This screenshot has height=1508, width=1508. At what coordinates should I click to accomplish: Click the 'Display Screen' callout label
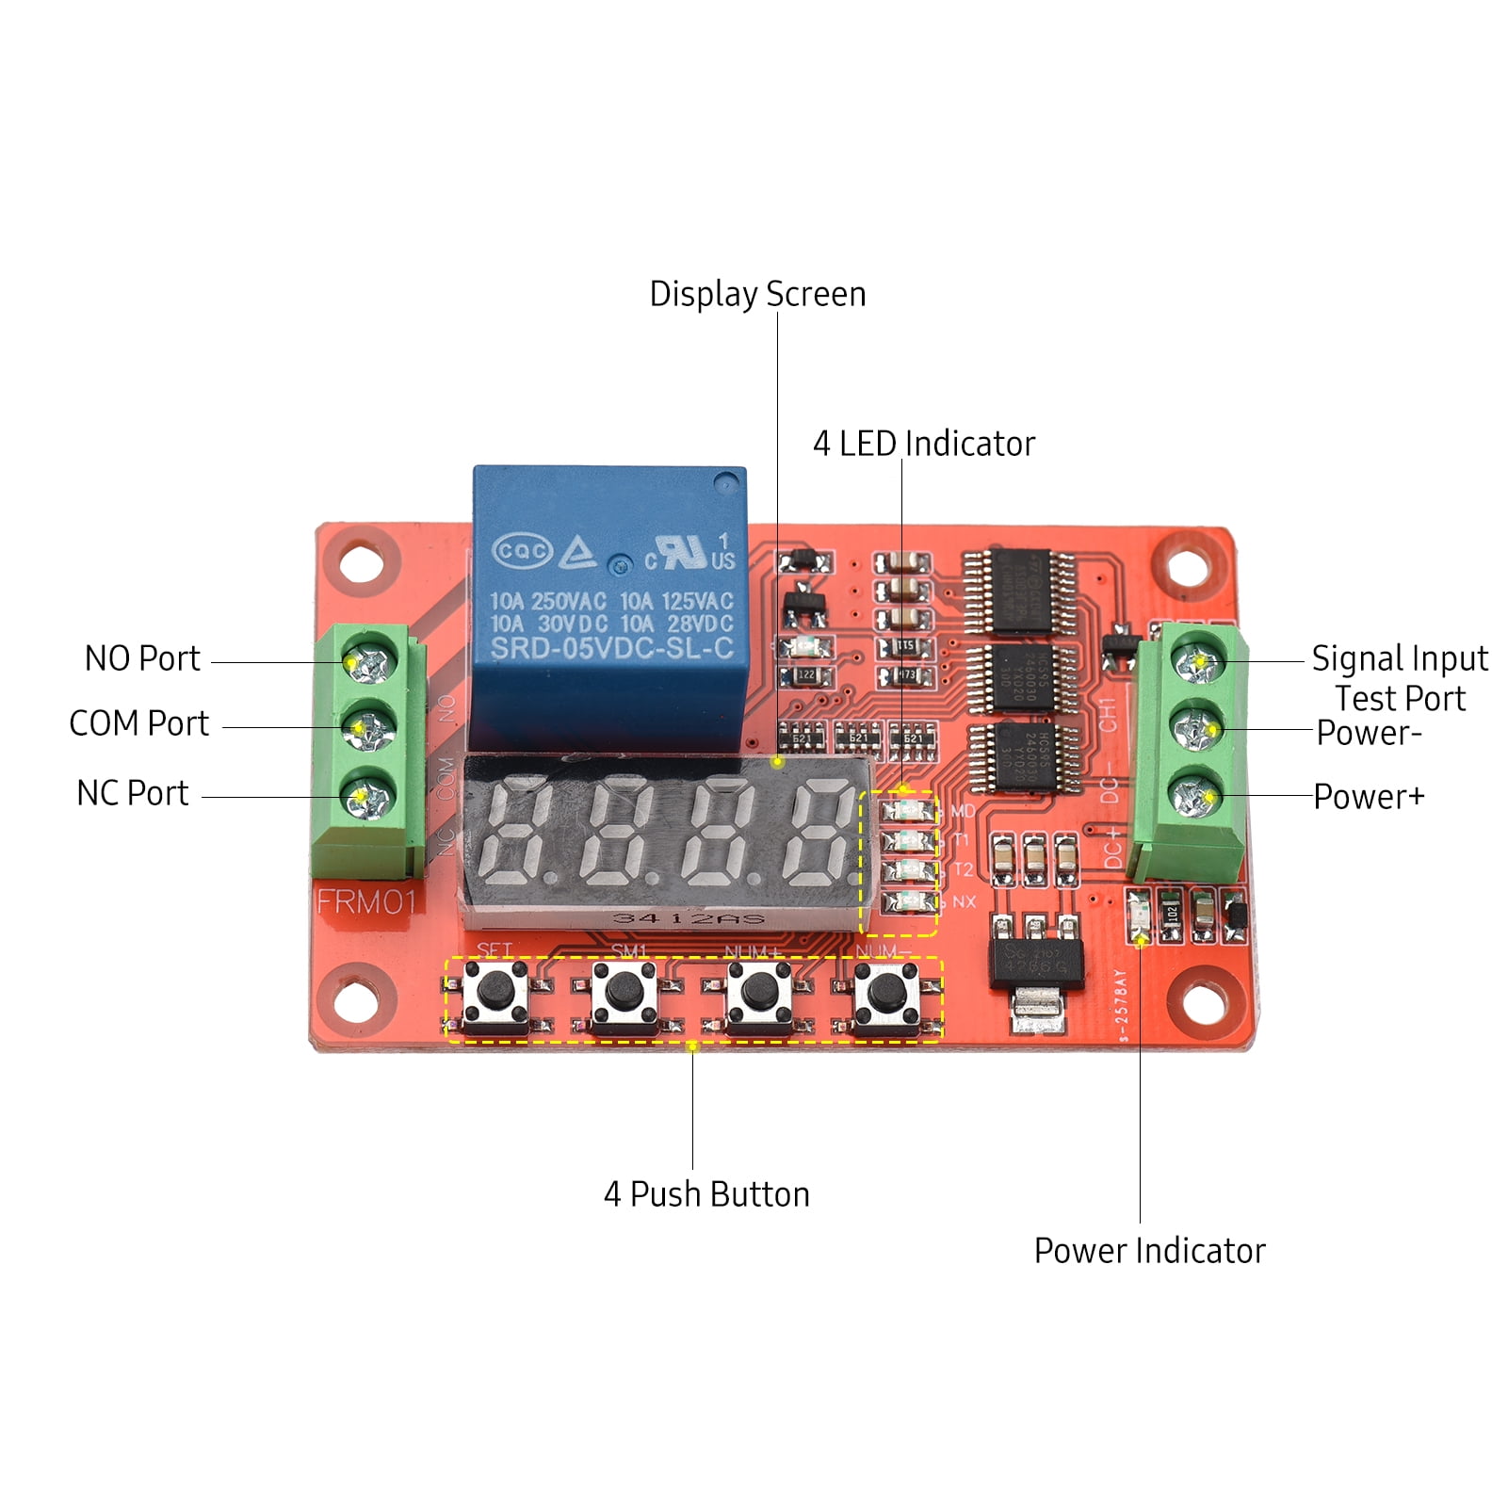tap(757, 294)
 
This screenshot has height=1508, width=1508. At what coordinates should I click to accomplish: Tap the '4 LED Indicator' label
tap(923, 444)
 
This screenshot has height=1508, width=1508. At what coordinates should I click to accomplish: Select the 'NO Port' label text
tap(142, 658)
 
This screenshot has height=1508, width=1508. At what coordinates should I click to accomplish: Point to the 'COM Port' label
tap(139, 723)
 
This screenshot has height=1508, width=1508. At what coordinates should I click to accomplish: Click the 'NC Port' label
tap(133, 793)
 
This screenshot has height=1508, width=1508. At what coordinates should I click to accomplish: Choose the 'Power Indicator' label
tap(1149, 1251)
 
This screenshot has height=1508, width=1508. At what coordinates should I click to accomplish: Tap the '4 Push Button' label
tap(706, 1194)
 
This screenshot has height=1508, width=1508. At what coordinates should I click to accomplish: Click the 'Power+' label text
tap(1369, 797)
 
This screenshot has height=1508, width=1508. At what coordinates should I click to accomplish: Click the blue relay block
tap(609, 603)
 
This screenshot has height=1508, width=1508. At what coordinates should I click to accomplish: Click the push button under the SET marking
tap(495, 992)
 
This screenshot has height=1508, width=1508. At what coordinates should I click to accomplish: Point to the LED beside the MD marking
tap(907, 810)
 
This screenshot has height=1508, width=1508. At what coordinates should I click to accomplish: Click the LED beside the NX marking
tap(907, 901)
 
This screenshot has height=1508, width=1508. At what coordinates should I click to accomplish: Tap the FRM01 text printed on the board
tap(365, 901)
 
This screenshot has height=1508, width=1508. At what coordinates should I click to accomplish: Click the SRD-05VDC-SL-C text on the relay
tap(611, 649)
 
